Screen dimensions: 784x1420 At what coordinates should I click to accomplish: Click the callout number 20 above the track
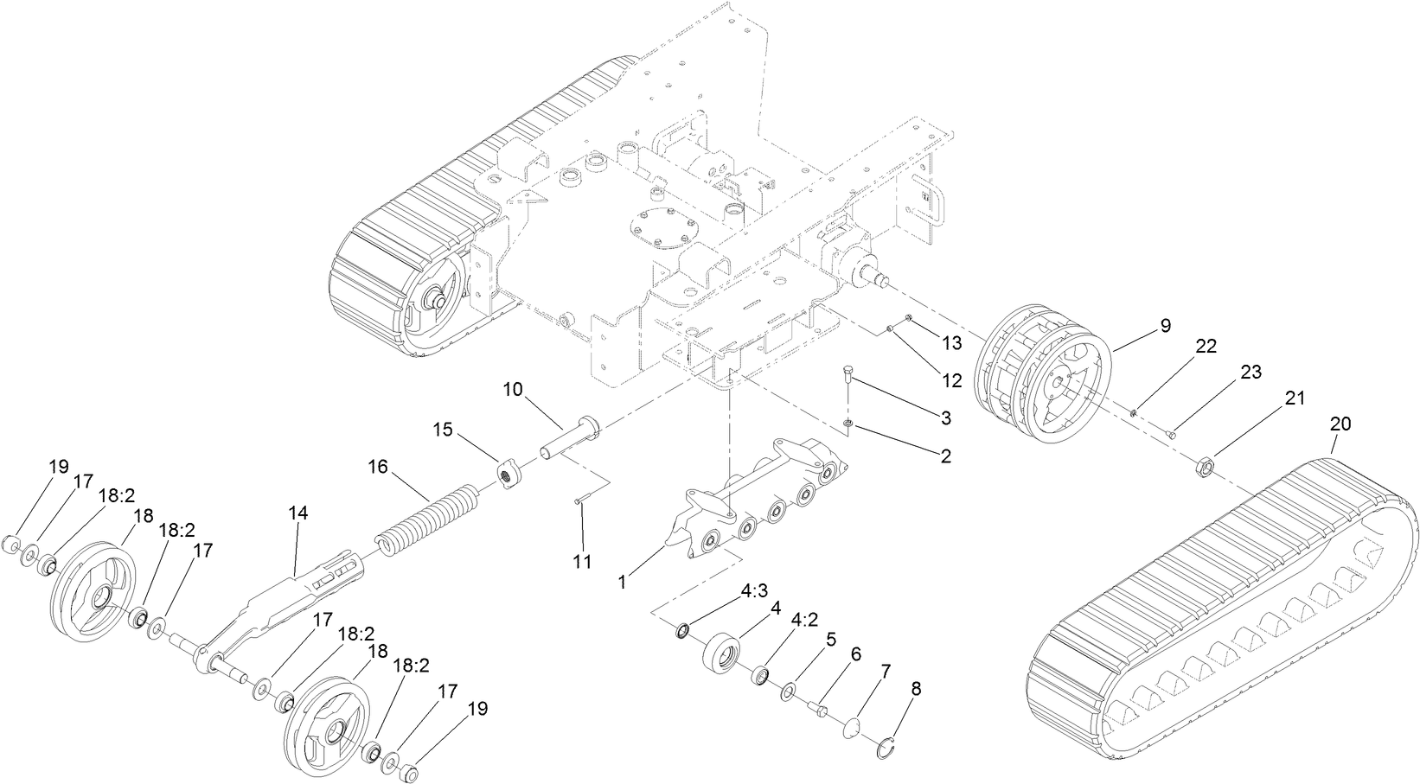click(x=1340, y=424)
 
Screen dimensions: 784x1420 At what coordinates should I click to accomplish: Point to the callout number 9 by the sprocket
click(x=1165, y=326)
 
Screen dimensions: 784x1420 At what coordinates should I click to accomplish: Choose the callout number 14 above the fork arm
click(x=297, y=513)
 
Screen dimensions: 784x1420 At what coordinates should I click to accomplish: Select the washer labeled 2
click(x=849, y=423)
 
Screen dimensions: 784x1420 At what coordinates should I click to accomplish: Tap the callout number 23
click(x=1250, y=373)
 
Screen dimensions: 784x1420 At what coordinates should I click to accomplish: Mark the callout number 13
click(x=951, y=343)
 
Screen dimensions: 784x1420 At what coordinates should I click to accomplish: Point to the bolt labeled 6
click(x=819, y=709)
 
